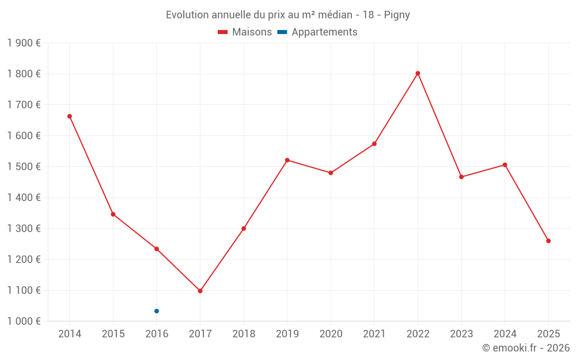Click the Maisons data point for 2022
pos(418,73)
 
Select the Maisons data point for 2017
pos(200,291)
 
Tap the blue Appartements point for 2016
pos(157,311)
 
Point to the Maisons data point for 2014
pos(70,116)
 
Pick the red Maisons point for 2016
pos(157,249)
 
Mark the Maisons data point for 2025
pos(548,241)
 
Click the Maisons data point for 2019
pos(287,160)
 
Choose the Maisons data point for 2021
pos(374,144)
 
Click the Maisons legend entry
pos(245,32)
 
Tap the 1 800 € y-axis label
pos(24,74)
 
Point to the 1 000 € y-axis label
pos(24,321)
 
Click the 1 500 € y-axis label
pos(24,166)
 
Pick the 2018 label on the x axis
pos(244,334)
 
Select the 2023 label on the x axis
pos(461,334)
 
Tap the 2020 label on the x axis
pos(331,334)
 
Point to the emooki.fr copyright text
pos(526,348)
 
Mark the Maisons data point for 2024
pos(505,165)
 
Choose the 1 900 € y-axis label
pos(24,43)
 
